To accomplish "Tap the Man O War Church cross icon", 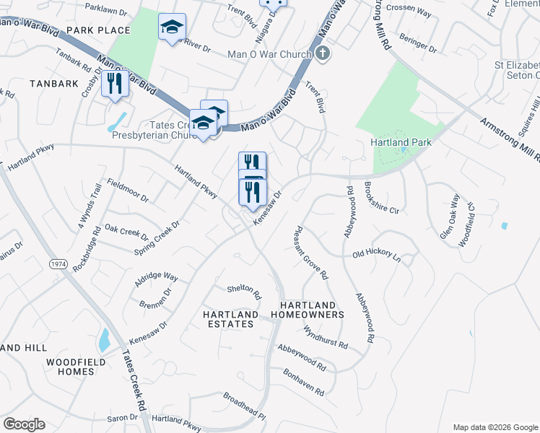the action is (323, 53).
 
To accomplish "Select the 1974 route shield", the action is (58, 265).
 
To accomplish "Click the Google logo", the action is (24, 424).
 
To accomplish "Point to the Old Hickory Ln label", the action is (375, 254).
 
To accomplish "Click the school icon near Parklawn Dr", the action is (172, 28).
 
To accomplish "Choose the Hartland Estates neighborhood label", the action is (230, 319).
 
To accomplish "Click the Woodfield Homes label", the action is (76, 366).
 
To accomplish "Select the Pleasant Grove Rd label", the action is (311, 253).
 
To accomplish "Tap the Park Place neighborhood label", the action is (98, 30).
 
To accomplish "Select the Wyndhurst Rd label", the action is (326, 336).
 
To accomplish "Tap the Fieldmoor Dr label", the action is (127, 191).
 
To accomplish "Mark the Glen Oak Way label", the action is (449, 216).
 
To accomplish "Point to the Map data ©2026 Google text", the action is (495, 427).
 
